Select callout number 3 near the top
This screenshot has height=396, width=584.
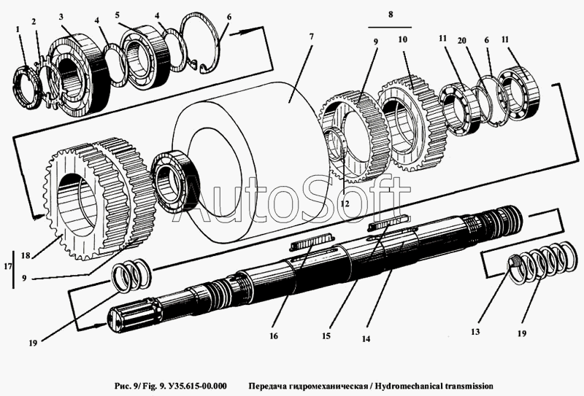(62, 16)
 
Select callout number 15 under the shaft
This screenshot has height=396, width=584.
(327, 336)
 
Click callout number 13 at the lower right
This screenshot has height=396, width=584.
(474, 331)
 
